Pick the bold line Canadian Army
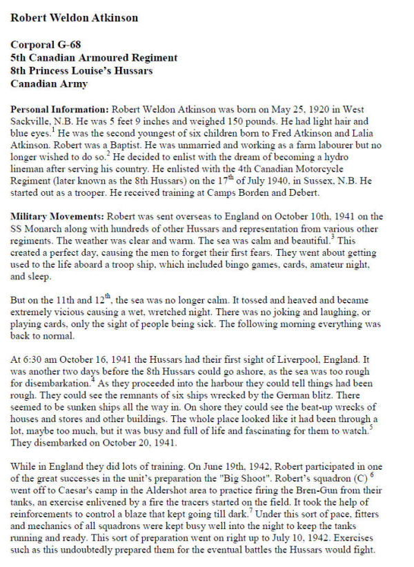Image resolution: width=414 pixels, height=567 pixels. pyautogui.click(x=45, y=83)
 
